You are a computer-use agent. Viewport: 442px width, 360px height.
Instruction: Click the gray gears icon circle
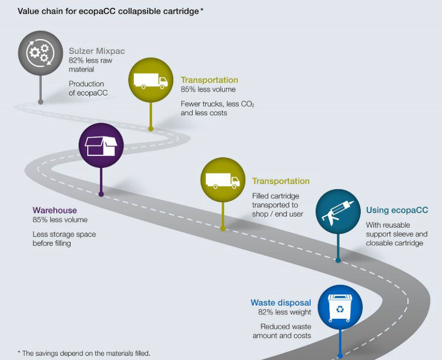[x=41, y=53]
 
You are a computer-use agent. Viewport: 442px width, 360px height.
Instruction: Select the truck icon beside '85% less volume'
[x=150, y=80]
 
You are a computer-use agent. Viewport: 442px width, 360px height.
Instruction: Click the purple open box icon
[x=101, y=145]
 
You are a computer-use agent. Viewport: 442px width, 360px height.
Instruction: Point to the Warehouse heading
[x=55, y=211]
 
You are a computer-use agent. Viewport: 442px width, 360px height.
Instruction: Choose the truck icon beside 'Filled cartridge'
[x=222, y=180]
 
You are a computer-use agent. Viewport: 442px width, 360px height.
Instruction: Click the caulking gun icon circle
[x=338, y=211]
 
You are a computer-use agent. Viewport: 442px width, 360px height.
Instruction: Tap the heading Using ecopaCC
[x=397, y=210]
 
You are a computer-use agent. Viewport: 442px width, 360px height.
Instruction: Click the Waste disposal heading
[x=281, y=303]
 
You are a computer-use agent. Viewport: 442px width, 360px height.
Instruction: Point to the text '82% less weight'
[x=285, y=312]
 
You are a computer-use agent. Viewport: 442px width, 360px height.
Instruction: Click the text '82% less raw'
[x=90, y=60]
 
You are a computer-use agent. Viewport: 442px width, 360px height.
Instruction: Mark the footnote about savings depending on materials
[x=84, y=353]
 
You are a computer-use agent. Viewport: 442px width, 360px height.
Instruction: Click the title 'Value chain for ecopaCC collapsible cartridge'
[x=108, y=11]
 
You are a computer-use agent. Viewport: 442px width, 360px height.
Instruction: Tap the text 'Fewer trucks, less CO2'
[x=217, y=104]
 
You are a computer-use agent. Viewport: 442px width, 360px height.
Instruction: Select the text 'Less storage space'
[x=64, y=234]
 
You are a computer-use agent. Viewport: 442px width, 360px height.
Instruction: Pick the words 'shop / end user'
[x=277, y=214]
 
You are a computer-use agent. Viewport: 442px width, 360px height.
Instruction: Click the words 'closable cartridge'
[x=394, y=243]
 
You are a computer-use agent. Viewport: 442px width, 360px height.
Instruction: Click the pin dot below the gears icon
[x=41, y=102]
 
